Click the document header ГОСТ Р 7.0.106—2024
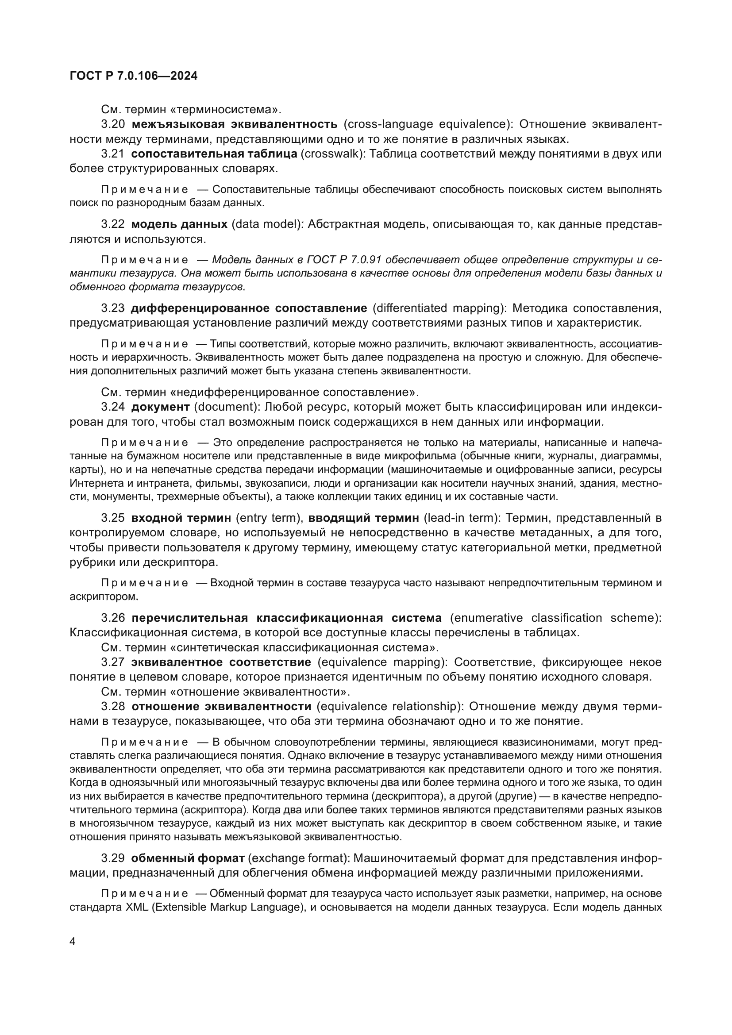(x=133, y=76)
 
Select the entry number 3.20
(x=113, y=124)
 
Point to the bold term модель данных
(x=179, y=224)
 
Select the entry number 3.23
(x=113, y=308)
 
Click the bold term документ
(x=161, y=407)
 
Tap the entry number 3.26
(x=113, y=618)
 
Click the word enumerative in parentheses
(x=489, y=618)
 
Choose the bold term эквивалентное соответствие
(x=221, y=662)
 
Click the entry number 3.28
(x=113, y=706)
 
